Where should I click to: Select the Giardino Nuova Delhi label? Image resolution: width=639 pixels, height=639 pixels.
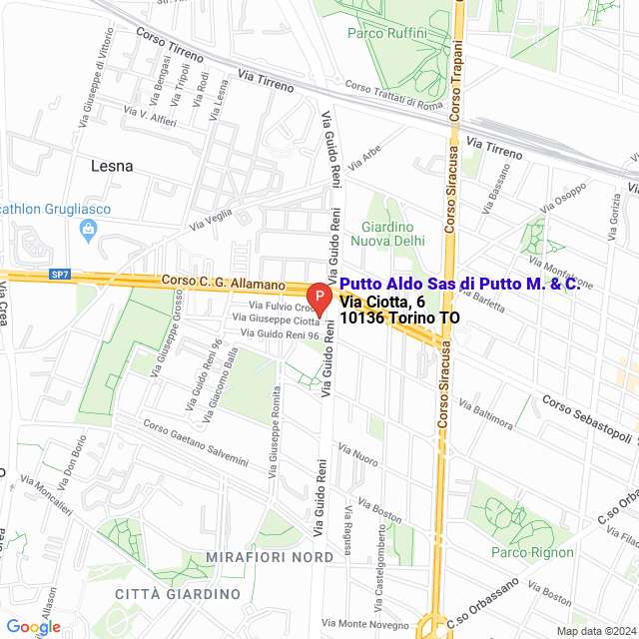pos(393,234)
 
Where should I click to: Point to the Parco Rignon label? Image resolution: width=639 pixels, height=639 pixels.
pos(533,552)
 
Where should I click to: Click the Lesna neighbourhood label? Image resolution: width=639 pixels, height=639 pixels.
pos(111,166)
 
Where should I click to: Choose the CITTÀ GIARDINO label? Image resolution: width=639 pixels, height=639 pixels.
pos(178,594)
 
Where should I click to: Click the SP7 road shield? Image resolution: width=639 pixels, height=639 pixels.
pos(61,274)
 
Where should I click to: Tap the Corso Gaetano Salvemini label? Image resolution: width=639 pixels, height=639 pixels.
pos(195,442)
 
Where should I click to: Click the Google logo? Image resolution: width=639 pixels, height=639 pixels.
pos(33,626)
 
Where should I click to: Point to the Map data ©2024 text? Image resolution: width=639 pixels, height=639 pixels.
pos(595,631)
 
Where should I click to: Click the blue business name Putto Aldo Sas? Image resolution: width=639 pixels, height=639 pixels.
pos(459,285)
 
